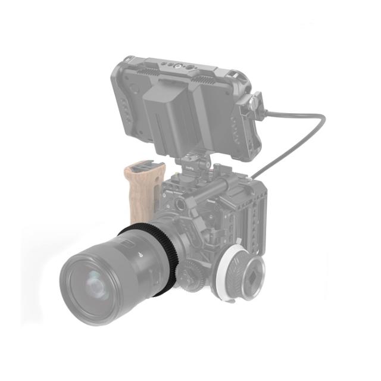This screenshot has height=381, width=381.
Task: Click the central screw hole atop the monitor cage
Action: [x=177, y=67]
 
